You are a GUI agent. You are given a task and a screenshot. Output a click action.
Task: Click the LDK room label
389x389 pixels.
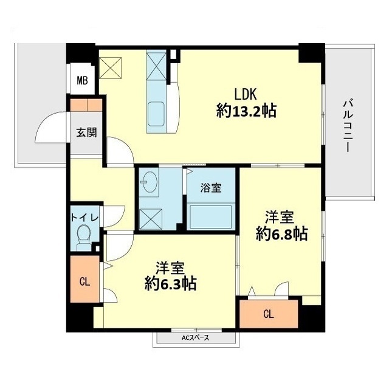coord(247,94)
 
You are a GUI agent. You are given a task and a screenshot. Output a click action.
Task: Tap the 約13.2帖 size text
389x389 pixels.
coord(246,111)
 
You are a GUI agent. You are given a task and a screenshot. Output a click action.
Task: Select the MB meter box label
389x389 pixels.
coord(81,80)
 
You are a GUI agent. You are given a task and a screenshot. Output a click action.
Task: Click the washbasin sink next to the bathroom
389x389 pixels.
coord(150,183)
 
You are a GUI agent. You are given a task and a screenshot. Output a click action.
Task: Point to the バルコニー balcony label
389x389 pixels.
coord(348,124)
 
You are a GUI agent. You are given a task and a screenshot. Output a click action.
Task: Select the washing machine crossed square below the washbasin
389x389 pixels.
coord(150,216)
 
